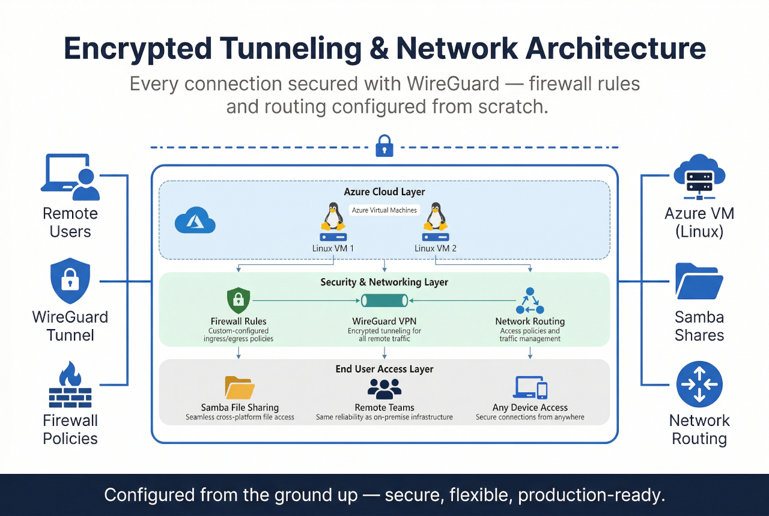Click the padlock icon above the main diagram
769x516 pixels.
(x=384, y=146)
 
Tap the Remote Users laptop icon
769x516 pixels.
(x=70, y=177)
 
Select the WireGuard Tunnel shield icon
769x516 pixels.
(x=70, y=281)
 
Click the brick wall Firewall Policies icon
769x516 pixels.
(x=70, y=384)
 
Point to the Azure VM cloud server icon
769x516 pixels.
(x=699, y=177)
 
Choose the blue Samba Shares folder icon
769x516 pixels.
(x=699, y=281)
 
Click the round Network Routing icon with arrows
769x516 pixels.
(x=699, y=384)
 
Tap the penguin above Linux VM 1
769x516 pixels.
(x=333, y=217)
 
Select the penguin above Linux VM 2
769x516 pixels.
(x=435, y=217)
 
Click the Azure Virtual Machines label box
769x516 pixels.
(x=384, y=210)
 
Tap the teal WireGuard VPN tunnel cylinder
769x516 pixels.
(x=384, y=300)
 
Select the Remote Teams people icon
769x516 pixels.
(x=384, y=389)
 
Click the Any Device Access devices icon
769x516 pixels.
(x=530, y=387)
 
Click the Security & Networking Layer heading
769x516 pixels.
(x=384, y=282)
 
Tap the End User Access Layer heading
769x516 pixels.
(x=384, y=369)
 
